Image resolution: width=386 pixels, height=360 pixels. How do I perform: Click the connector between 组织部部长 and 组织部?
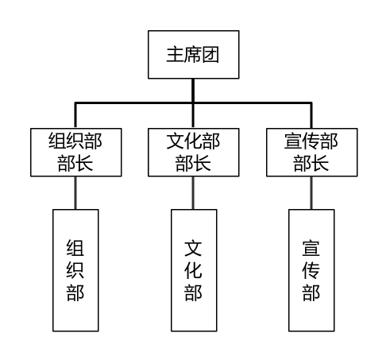coord(75,193)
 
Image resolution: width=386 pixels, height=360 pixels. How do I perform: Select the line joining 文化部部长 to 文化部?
coord(193,193)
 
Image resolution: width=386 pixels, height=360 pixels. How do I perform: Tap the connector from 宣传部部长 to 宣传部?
coord(311,193)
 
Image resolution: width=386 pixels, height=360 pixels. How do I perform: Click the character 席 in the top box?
coord(193,55)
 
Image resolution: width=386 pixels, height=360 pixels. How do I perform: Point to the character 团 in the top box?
coord(210,55)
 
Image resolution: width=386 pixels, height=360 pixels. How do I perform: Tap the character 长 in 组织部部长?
coord(84,163)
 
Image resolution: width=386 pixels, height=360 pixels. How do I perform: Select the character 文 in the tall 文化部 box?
coord(193,248)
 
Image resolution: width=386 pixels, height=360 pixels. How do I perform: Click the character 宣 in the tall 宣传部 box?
coord(311,248)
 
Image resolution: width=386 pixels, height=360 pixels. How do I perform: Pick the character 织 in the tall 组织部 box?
coord(75,270)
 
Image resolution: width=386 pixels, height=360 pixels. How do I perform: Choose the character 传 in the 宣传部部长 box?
coord(311,141)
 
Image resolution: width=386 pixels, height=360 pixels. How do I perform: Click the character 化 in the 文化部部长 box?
coord(193,141)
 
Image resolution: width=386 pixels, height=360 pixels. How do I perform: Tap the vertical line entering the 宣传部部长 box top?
coord(311,115)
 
